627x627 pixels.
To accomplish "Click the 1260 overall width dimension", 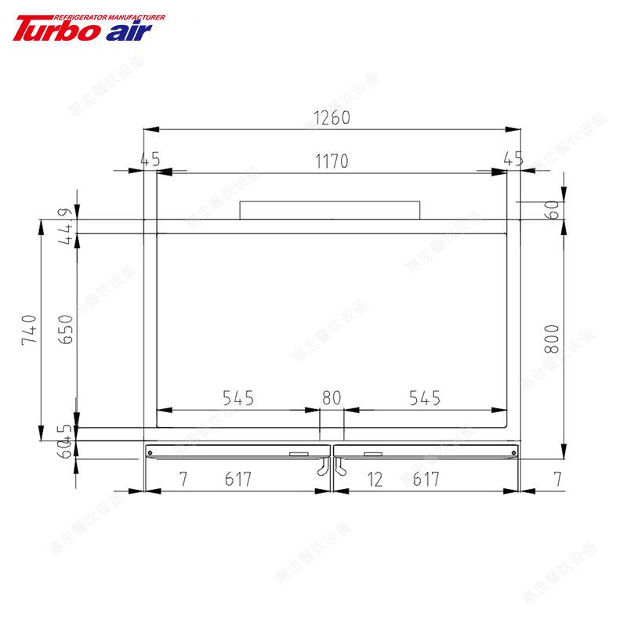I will click(x=332, y=118).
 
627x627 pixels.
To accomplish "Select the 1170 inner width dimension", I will click(x=332, y=161).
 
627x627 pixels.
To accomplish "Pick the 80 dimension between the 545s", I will click(x=332, y=398).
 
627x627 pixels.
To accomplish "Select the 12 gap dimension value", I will click(x=375, y=479).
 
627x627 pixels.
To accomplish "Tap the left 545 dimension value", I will click(x=237, y=398).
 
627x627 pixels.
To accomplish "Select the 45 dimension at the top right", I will click(x=513, y=160).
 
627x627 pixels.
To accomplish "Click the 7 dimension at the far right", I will click(x=556, y=479).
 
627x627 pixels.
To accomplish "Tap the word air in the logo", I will click(x=125, y=30).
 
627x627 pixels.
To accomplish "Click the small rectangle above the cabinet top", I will click(x=329, y=210).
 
